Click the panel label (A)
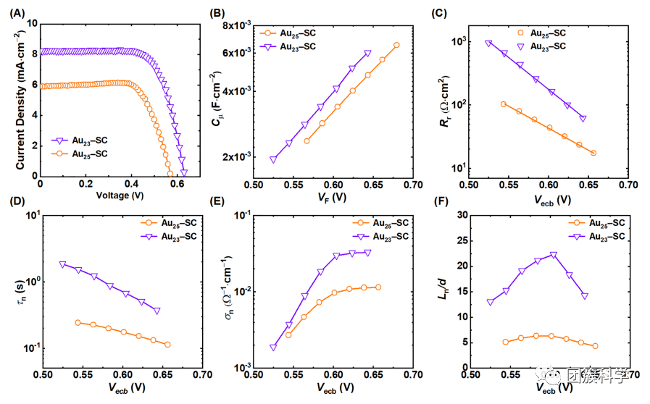pos(13,12)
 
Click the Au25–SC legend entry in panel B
pos(290,33)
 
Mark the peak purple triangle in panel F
pos(553,255)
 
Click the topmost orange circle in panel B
pos(396,45)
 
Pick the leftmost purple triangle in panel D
pos(62,264)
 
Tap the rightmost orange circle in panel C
pos(593,153)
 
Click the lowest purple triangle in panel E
pos(273,348)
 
